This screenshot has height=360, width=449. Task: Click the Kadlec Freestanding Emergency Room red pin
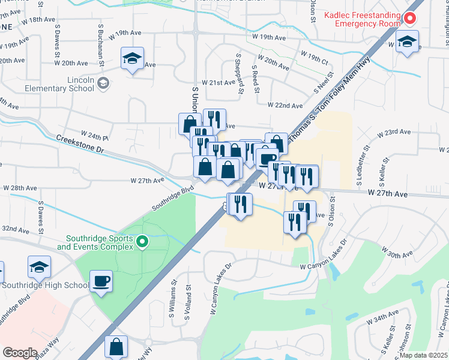[x=411, y=19]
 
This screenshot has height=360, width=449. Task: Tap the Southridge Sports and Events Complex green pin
[x=142, y=242]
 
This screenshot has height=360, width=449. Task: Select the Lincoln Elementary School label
[x=60, y=84]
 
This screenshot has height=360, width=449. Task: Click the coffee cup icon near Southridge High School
[x=101, y=281]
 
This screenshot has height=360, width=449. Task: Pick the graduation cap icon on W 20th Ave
[x=132, y=58]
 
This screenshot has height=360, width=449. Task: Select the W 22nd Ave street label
[x=285, y=106]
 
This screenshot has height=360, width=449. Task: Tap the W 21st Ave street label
[x=218, y=82]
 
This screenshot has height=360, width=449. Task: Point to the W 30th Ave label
[x=396, y=254]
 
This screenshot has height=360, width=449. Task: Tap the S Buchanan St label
[x=103, y=45]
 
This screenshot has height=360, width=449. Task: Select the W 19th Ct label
[x=316, y=62]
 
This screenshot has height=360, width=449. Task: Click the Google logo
[x=20, y=353]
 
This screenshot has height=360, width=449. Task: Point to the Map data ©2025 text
[x=424, y=355]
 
